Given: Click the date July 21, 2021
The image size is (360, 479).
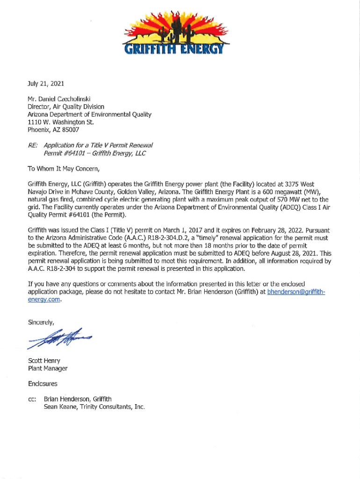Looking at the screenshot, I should tap(46, 84).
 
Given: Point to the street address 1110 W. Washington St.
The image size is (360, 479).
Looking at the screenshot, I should tap(61, 122).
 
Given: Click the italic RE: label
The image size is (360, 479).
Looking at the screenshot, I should tap(33, 145).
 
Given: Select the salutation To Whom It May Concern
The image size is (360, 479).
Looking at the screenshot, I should tap(64, 168).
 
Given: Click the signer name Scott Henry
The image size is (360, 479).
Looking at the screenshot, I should tap(44, 361).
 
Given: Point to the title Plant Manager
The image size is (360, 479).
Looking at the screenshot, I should tap(48, 368).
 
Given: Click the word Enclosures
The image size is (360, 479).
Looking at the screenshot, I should tap(43, 384).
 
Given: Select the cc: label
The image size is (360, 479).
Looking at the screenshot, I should tap(32, 399).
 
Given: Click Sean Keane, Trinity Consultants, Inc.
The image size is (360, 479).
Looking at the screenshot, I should tap(94, 407).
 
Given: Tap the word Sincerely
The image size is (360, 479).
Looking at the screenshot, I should tap(41, 322).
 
